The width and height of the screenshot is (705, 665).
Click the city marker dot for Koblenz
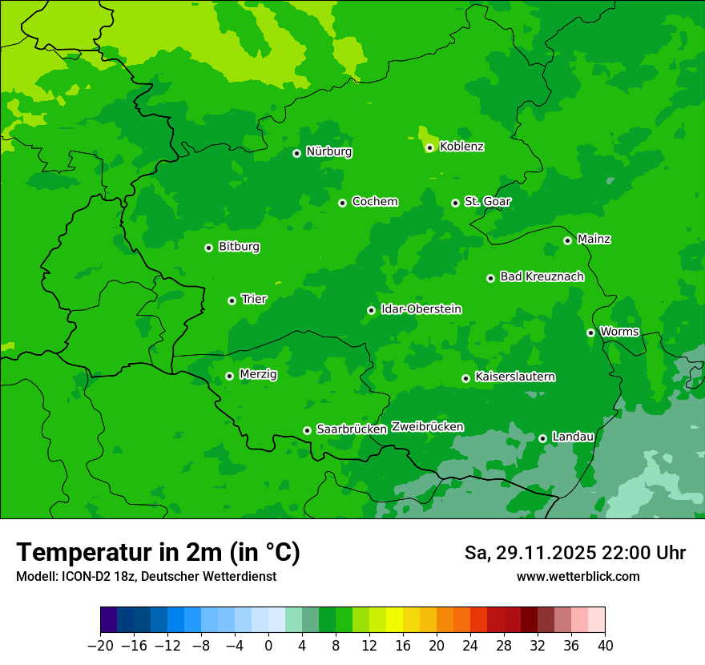point(429,147)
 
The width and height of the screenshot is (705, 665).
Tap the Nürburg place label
point(328,151)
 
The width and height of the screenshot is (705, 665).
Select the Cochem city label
point(374,201)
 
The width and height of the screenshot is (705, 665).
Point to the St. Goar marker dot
point(455,203)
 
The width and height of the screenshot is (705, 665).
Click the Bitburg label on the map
point(239,247)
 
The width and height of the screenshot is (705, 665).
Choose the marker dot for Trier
point(232,300)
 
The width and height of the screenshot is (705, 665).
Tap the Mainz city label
point(594,239)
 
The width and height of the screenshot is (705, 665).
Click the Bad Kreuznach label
point(542,276)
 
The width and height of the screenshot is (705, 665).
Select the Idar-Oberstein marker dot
point(371,310)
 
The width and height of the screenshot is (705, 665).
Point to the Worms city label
point(619,331)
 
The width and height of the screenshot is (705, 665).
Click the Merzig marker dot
point(229,376)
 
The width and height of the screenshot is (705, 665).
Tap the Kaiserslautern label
point(515,377)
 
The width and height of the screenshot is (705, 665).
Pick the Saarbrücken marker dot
point(307,430)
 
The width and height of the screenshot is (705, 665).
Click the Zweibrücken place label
point(427,426)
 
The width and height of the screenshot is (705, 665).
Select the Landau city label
point(573,437)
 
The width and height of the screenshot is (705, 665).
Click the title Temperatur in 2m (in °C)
point(158,552)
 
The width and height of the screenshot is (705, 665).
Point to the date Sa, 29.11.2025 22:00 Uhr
point(575,553)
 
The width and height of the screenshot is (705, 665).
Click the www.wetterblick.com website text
point(578,576)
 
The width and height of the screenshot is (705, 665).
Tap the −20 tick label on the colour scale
point(100,646)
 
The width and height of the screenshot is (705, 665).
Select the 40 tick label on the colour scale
point(605,646)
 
